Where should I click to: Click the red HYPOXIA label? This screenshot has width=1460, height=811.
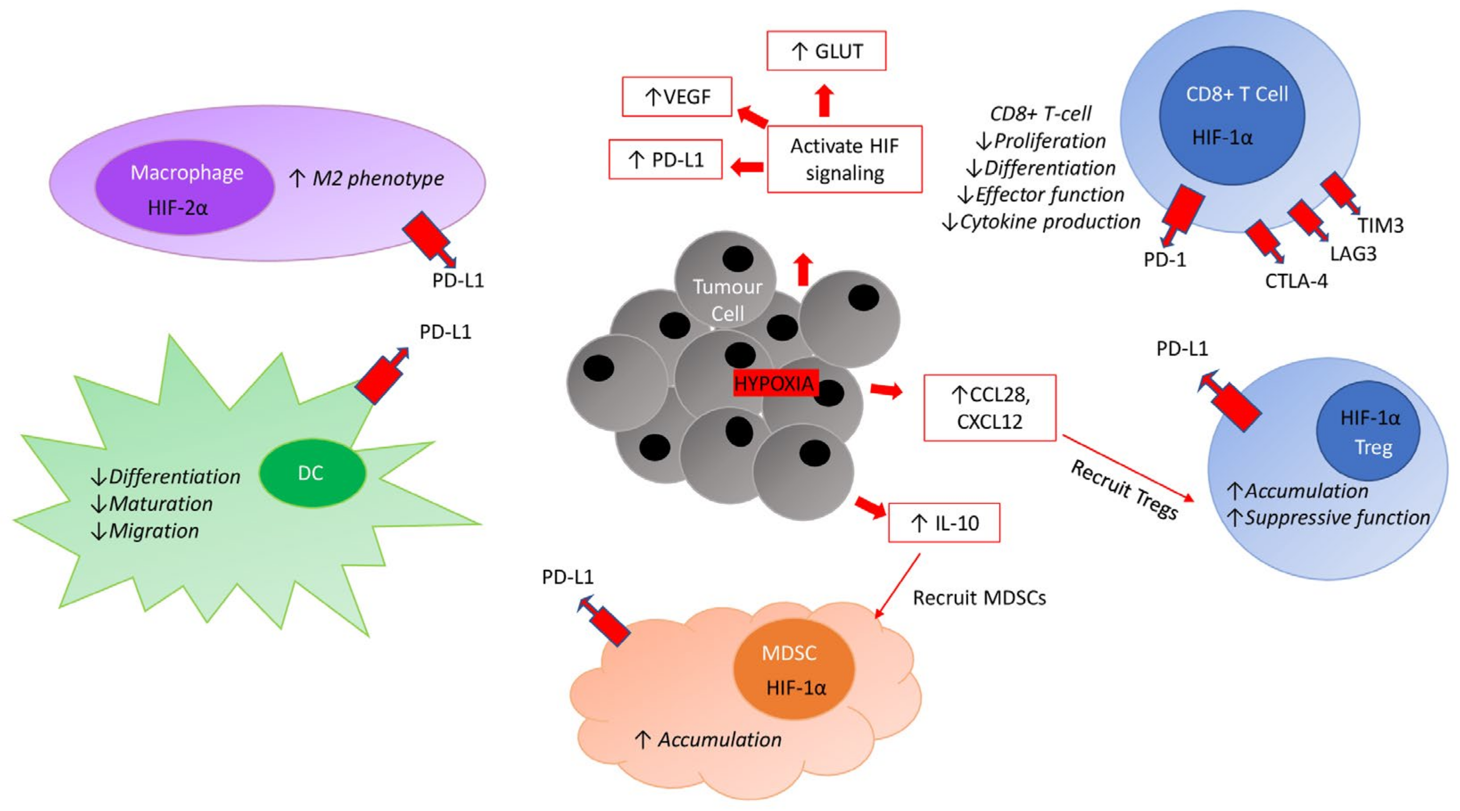coord(773,384)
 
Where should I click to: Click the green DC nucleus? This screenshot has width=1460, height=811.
coord(312,473)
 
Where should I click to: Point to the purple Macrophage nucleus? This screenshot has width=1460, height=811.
coord(185,188)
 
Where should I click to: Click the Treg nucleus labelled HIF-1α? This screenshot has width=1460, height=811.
coord(1368,431)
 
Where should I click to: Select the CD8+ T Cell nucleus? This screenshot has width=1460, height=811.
coord(1232,116)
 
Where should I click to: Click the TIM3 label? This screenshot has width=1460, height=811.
coord(1380,226)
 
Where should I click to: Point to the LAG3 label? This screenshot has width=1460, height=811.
coord(1353,253)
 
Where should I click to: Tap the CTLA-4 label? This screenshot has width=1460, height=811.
coord(1296,281)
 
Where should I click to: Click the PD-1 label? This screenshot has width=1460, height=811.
coord(1165,260)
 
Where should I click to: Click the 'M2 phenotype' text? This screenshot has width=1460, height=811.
coord(378,178)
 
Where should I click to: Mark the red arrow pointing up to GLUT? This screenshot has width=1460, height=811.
coord(825,100)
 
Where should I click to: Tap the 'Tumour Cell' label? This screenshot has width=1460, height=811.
coord(727,300)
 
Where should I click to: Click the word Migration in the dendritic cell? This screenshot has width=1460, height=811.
coord(153,531)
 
